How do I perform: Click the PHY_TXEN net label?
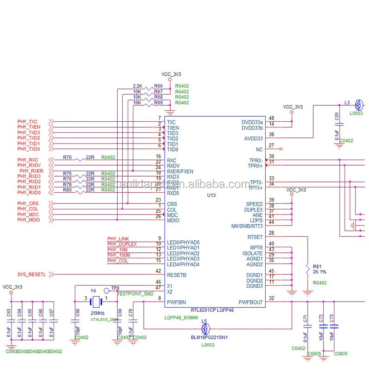coord(29,127)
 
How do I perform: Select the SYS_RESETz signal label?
coord(31,274)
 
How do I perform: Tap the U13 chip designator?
coord(211,196)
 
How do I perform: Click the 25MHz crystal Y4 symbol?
coord(97,302)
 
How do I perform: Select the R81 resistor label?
coord(317,267)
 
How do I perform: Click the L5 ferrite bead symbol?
coord(206,329)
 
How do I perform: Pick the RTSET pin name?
coord(255,237)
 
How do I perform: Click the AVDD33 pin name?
coord(253,138)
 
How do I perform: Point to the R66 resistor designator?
coord(158,86)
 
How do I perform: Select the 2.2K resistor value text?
coord(137,86)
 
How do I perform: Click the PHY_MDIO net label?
coord(29,220)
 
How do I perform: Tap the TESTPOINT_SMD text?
coord(135,293)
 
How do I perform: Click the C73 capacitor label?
coord(332,318)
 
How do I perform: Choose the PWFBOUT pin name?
coord(250,303)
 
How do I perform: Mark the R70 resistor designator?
coord(67,157)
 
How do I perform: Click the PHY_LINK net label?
coord(118,238)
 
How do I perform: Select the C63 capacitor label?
coord(9,313)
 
